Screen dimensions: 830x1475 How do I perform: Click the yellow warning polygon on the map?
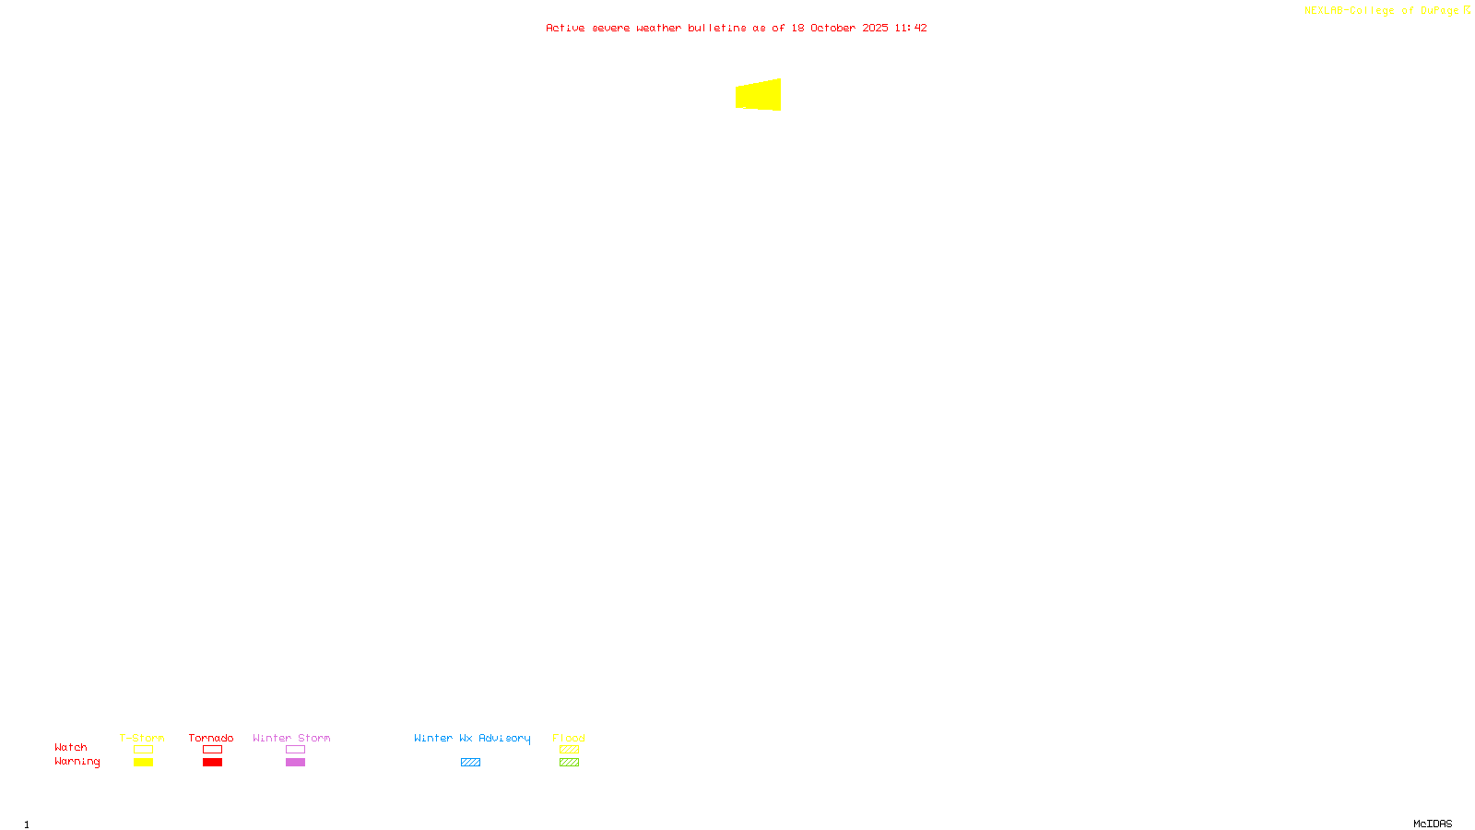tap(759, 95)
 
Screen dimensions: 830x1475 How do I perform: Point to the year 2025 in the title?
tap(875, 28)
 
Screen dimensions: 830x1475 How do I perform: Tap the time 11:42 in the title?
tap(911, 28)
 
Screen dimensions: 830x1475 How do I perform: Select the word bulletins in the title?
tap(717, 28)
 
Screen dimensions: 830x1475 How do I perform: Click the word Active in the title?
tap(565, 28)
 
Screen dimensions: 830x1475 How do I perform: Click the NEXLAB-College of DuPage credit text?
tap(1381, 11)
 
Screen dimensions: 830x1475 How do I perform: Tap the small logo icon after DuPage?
tap(1467, 10)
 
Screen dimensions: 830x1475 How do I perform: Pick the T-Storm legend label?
tap(142, 738)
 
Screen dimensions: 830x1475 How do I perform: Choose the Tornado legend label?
tap(211, 738)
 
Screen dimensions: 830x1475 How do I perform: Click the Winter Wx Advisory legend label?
tap(472, 738)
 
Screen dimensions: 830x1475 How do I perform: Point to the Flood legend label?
tap(569, 738)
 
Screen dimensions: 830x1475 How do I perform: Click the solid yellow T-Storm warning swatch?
tap(143, 763)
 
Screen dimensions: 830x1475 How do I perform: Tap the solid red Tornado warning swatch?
tap(213, 763)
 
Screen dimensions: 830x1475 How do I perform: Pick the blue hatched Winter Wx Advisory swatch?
tap(470, 763)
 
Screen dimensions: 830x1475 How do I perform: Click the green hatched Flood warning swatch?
tap(569, 763)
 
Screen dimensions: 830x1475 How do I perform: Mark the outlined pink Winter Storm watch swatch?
tap(295, 750)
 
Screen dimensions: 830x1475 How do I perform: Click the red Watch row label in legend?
tap(71, 747)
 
